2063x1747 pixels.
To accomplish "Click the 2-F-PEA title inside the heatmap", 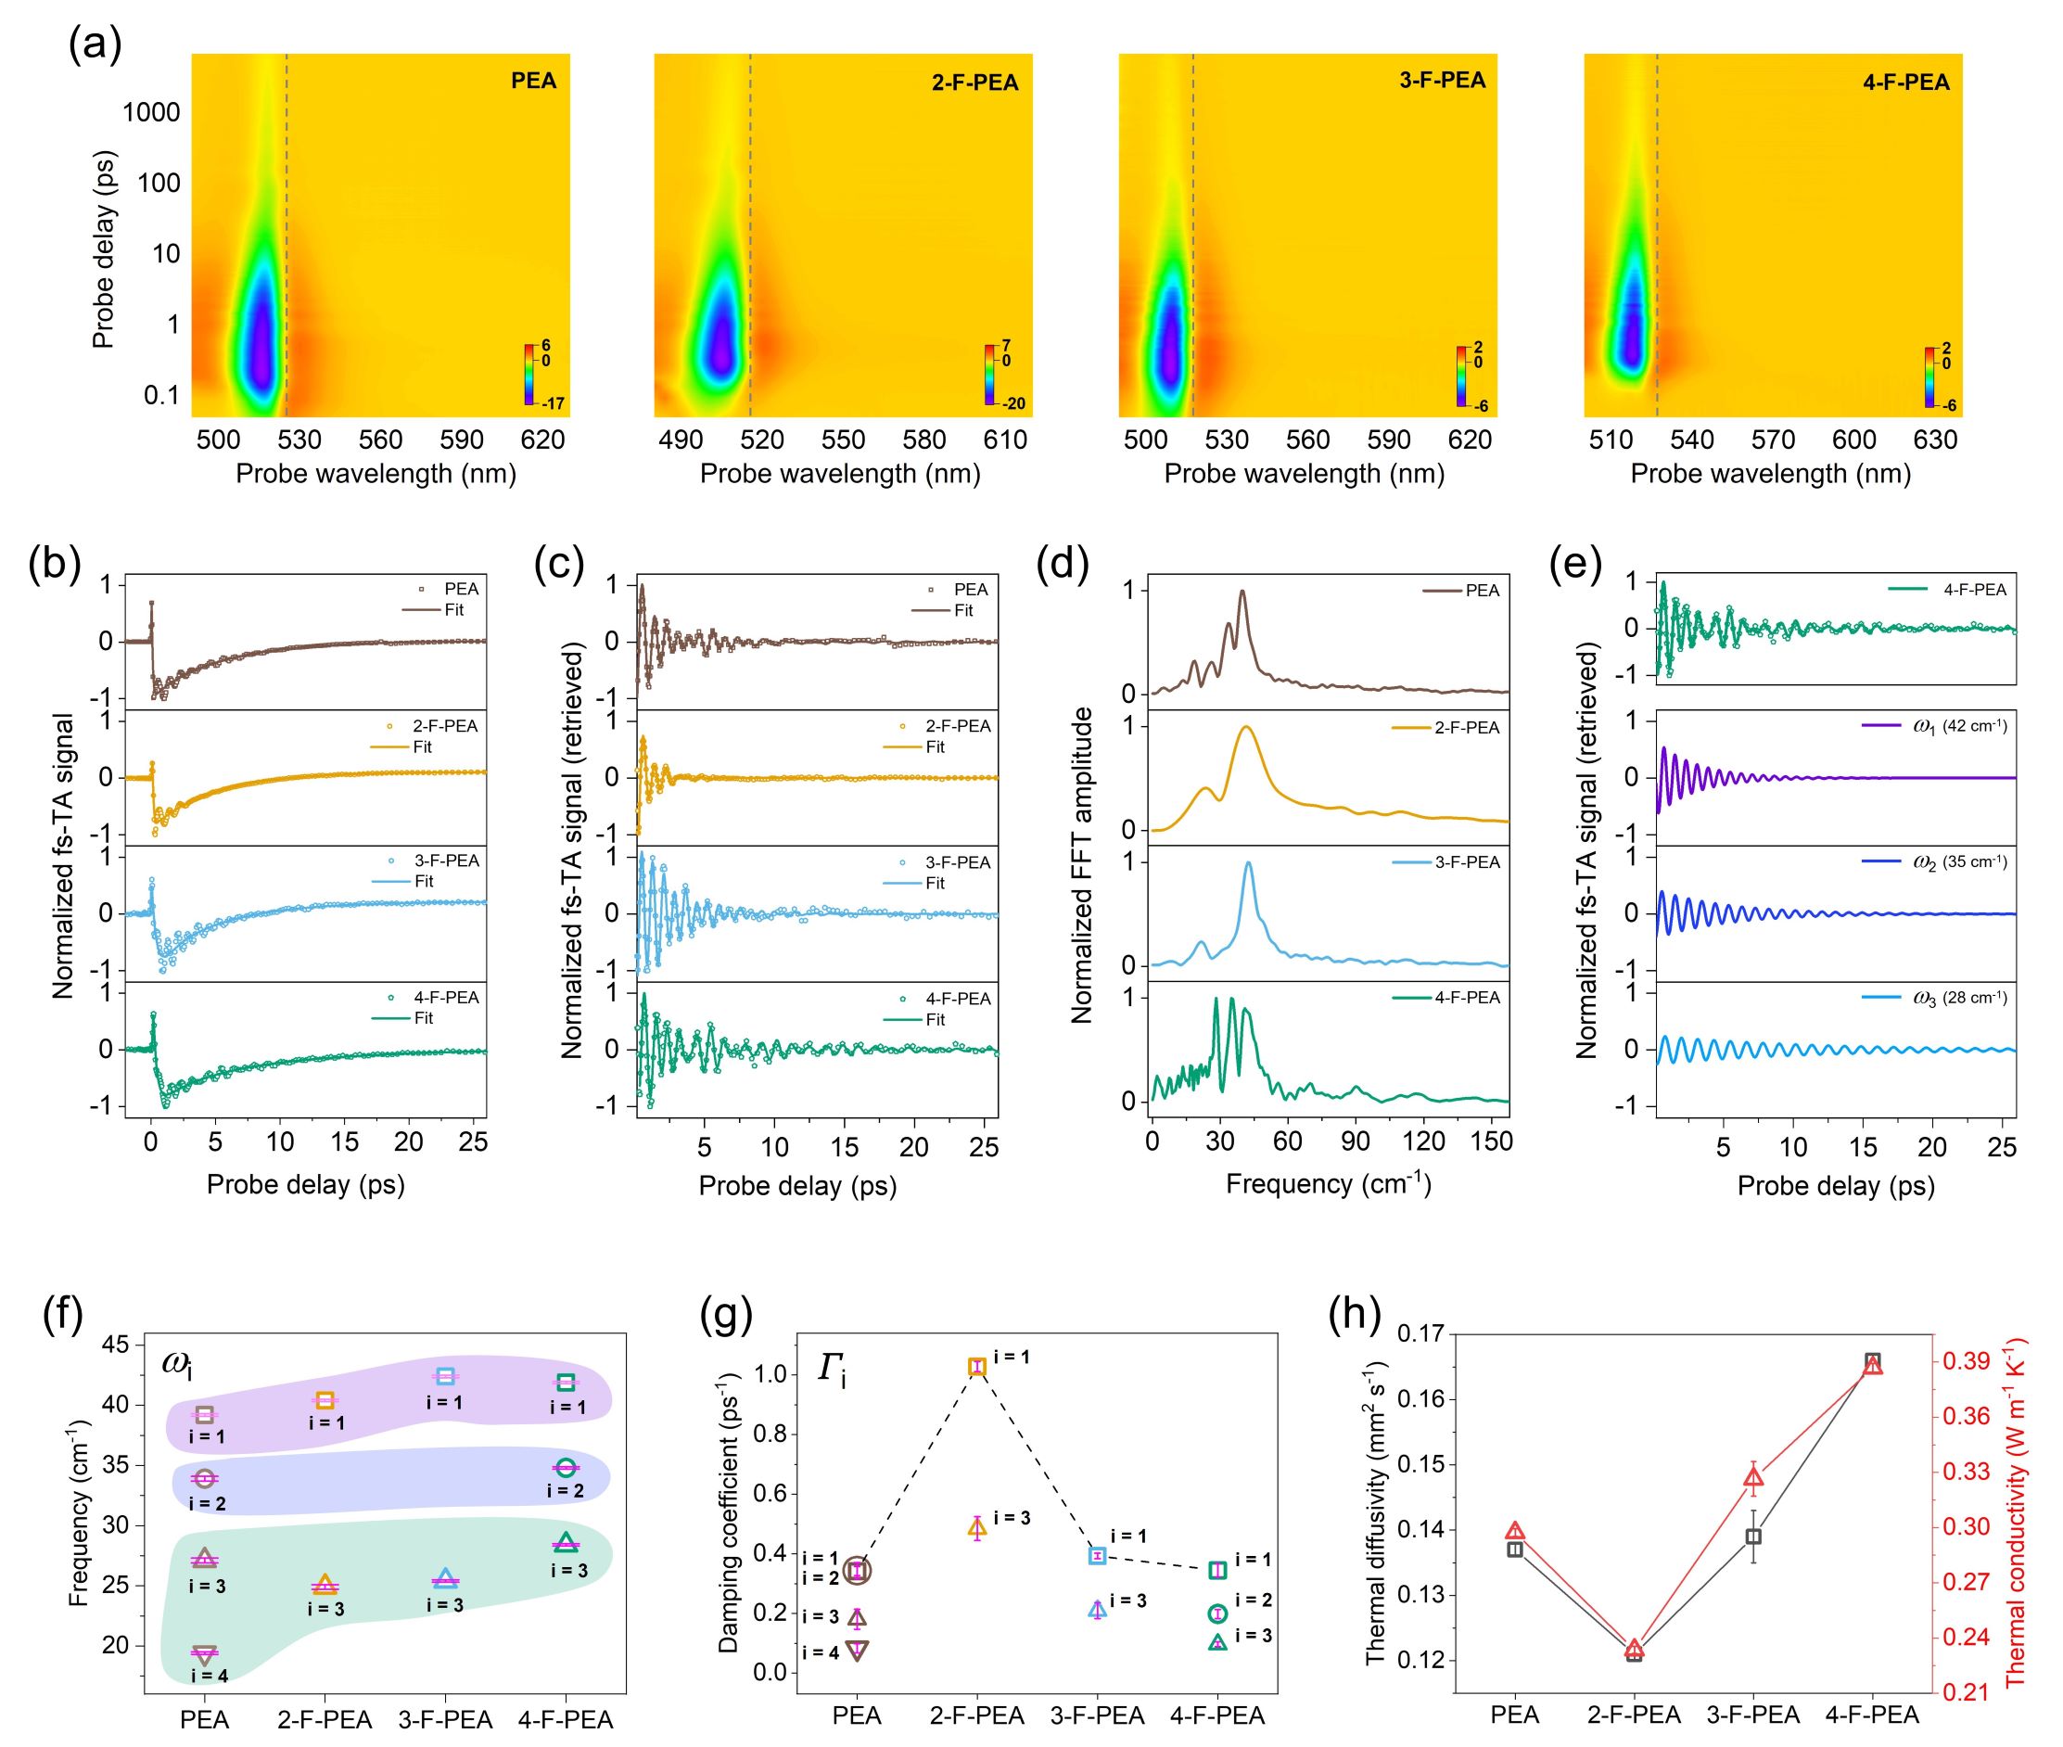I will pos(974,83).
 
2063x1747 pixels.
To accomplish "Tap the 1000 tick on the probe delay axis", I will pos(151,112).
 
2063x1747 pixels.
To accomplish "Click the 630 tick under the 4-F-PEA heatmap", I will pos(1934,440).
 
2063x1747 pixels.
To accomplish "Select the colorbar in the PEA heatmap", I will pos(532,376).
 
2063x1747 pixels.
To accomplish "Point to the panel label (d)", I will pos(1062,565).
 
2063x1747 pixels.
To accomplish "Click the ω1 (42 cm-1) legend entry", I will pos(1959,726).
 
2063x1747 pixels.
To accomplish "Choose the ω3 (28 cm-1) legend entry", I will pos(1959,998).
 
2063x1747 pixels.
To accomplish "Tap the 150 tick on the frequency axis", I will pos(1492,1141).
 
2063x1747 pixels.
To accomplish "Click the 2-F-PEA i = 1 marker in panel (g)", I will pos(977,1367).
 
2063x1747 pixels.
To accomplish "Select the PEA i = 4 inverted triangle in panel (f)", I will pos(205,1653).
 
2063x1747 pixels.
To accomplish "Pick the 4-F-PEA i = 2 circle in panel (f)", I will pos(566,1468).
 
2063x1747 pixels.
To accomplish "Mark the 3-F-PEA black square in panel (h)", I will pos(1753,1537).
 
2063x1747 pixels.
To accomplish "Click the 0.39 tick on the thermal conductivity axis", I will pos(1959,1360).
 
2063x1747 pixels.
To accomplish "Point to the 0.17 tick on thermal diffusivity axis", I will pos(1420,1334).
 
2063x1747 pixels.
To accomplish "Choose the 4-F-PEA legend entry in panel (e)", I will pos(1974,589).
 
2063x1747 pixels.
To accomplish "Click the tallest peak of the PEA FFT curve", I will pos(1242,593).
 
